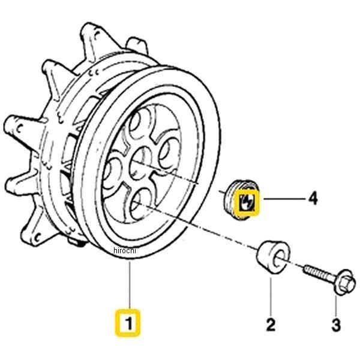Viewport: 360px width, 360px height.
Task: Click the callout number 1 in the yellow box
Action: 129,323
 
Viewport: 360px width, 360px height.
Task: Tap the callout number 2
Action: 271,324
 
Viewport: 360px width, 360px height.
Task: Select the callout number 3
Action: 336,325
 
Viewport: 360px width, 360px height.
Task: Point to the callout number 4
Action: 313,199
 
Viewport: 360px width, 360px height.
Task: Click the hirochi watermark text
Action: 125,250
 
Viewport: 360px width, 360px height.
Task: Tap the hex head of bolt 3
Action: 343,282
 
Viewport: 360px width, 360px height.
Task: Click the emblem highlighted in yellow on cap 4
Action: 247,203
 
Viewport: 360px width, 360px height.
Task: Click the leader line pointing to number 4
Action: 284,199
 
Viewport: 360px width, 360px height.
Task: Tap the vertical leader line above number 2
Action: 271,296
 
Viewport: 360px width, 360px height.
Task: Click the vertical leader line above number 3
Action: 336,305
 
